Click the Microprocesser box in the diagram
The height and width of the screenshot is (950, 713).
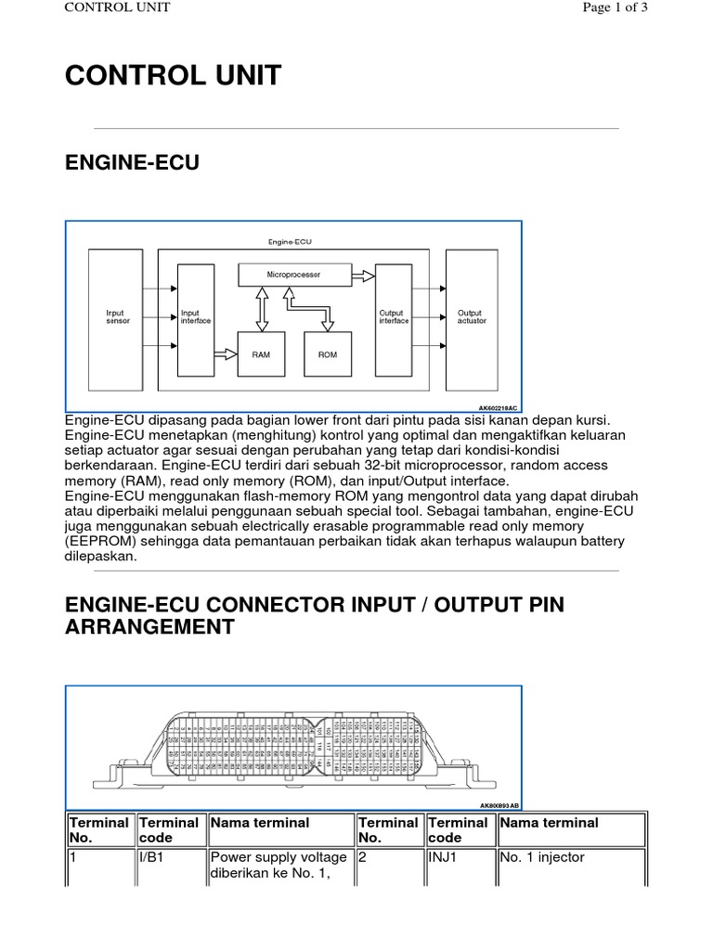pos(293,275)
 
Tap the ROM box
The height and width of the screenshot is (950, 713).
pos(328,354)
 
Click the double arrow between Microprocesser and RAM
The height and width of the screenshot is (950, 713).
pos(263,307)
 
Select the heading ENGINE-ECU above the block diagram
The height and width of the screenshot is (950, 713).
pos(132,164)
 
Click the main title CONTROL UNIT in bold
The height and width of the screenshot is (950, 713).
pos(173,76)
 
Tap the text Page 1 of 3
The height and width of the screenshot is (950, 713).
pos(614,8)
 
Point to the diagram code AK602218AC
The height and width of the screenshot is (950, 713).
pos(498,407)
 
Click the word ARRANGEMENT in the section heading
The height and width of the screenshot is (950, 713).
pos(149,627)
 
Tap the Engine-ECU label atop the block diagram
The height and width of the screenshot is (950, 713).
pos(291,241)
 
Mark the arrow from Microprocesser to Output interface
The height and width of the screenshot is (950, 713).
pos(363,276)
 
